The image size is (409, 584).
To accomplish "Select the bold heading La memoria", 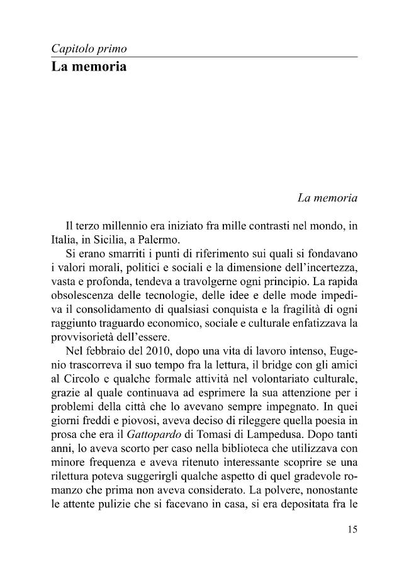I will point(89,66).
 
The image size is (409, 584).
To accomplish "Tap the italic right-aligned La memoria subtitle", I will point(327,198).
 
